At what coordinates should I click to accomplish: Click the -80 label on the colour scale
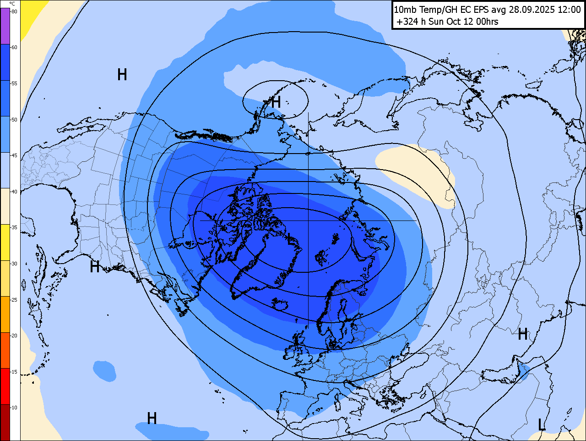14,11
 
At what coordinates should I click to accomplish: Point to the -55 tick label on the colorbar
14,83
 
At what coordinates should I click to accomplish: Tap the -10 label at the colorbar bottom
14,408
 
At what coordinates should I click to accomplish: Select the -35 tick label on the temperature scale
14,227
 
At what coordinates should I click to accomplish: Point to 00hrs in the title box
487,22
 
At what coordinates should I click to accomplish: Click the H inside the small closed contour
276,102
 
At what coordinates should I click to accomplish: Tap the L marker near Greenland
289,237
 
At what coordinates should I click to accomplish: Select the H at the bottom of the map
152,418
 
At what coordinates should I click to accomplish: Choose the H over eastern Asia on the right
523,335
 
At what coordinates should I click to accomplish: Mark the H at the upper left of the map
122,74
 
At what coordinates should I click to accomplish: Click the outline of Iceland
279,304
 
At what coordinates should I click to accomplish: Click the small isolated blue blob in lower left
104,370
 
